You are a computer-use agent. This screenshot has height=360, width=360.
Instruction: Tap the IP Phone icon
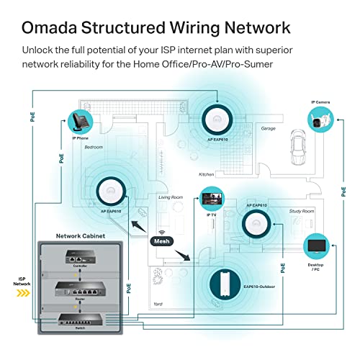[79, 120]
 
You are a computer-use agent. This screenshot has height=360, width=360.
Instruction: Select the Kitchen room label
[207, 174]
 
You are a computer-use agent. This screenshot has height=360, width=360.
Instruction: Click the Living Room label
[171, 197]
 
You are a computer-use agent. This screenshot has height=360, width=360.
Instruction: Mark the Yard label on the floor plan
[158, 305]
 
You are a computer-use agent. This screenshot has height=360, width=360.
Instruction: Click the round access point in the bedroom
[112, 189]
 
